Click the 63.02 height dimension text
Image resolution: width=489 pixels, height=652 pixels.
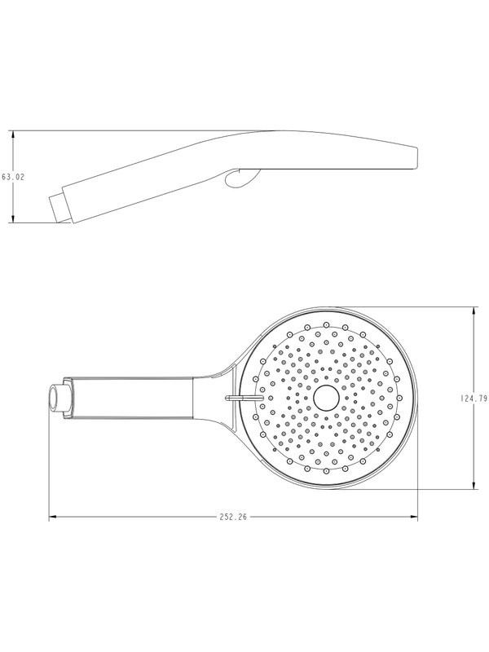tap(13, 177)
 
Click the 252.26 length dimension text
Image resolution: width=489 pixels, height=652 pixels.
tap(233, 517)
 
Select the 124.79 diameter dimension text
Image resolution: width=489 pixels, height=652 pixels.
tap(474, 399)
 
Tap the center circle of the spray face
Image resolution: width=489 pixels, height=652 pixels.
tap(327, 398)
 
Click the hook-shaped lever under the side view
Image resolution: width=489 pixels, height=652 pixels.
tap(242, 178)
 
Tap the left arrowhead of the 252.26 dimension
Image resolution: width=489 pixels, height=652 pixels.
tap(52, 517)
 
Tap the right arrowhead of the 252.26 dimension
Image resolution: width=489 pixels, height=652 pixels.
tap(414, 517)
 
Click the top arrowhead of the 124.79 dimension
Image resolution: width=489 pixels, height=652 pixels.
tap(474, 311)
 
